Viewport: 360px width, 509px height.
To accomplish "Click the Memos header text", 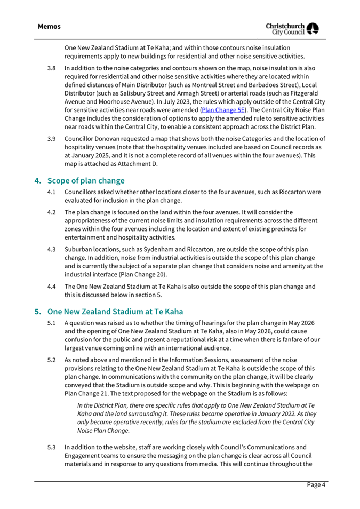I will point(49,26).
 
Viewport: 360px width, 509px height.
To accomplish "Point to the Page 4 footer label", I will point(315,484).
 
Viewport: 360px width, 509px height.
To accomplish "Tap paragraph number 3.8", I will point(52,69).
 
